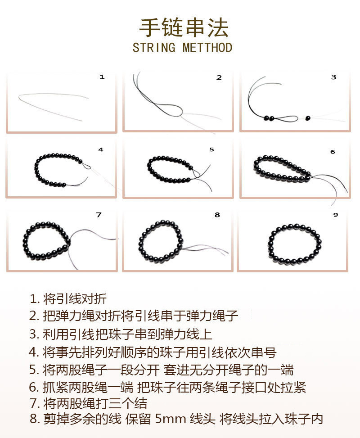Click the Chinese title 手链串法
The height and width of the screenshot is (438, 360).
point(184,28)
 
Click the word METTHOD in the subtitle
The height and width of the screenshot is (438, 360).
point(207,48)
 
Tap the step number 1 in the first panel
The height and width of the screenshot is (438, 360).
point(102,77)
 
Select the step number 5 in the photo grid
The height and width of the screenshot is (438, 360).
point(211,149)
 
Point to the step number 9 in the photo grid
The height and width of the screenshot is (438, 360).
point(335,215)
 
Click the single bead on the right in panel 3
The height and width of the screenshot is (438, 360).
point(308,118)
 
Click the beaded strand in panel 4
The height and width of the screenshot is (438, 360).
point(56,170)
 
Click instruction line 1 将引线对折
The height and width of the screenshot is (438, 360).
point(68,298)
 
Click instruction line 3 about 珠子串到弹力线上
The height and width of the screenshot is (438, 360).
point(121,334)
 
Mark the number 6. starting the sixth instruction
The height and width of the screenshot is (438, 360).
point(34,387)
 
